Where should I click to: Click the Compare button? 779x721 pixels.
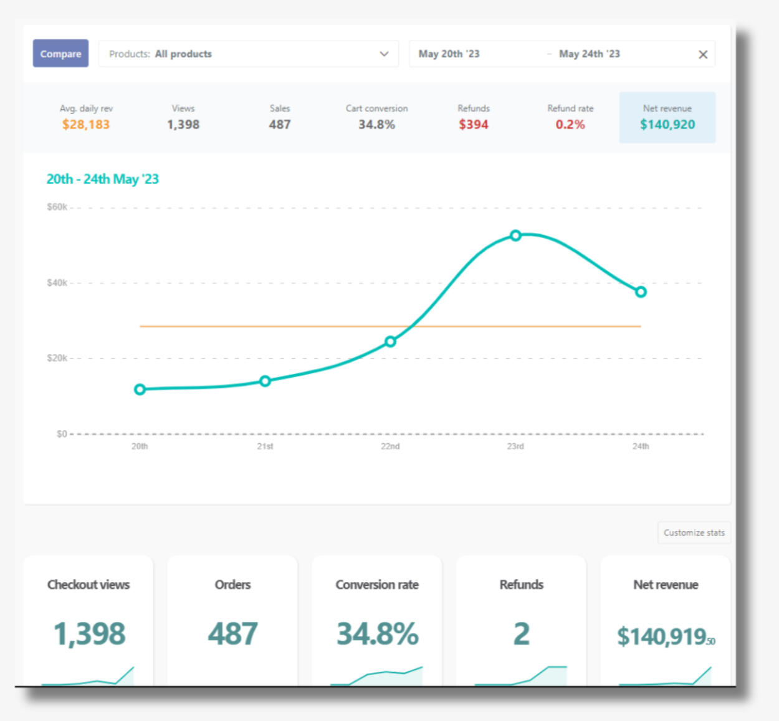coord(60,54)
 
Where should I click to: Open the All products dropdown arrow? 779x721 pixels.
coord(384,54)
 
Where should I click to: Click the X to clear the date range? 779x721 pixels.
coord(703,54)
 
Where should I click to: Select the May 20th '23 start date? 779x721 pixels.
coord(449,54)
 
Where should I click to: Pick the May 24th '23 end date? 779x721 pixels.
coord(589,54)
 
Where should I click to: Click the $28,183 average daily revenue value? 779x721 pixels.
coord(86,124)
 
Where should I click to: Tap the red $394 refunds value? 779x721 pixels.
coord(474,124)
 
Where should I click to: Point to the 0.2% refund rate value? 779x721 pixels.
coord(570,124)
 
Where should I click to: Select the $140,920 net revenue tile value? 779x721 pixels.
coord(667,124)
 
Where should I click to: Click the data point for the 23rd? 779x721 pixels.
coord(515,236)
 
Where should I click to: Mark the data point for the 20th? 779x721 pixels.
coord(140,389)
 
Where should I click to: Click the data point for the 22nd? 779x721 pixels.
coord(390,341)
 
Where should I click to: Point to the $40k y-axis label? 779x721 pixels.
coord(57,283)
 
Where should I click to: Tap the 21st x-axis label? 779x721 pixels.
coord(265,446)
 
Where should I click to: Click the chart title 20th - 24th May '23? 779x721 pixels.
coord(103,179)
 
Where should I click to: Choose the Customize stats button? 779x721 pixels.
coord(694,533)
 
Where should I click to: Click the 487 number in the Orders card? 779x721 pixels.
coord(232,634)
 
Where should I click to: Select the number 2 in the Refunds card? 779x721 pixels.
coord(522,634)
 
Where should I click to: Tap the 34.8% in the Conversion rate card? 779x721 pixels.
coord(377,634)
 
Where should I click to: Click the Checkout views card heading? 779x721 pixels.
coord(88,585)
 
